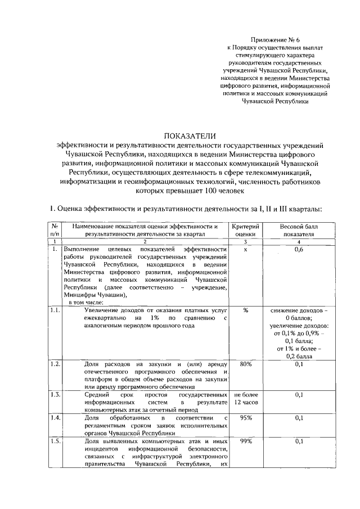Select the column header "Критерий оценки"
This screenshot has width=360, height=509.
click(x=246, y=230)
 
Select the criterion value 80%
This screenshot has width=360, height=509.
click(x=246, y=364)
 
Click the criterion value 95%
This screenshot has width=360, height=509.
click(x=246, y=418)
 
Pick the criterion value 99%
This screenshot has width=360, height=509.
click(x=246, y=442)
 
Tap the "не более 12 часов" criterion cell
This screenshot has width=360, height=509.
click(x=246, y=399)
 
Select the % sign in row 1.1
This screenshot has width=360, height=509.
click(x=246, y=311)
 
